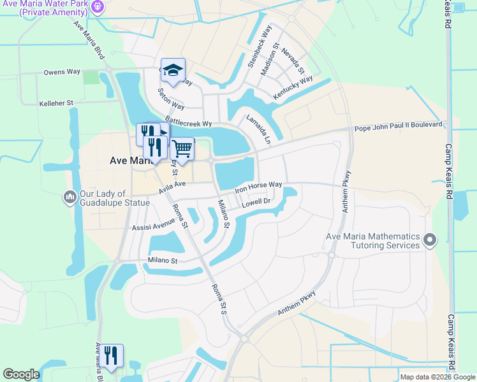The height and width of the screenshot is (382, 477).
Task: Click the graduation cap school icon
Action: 172,71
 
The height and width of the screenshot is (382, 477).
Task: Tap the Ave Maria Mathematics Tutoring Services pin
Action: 430,241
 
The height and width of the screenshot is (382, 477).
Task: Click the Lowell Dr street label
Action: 256,202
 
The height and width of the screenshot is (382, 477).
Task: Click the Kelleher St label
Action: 57,103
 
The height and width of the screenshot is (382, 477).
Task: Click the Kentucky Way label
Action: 293,88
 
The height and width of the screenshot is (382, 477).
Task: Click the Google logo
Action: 21,374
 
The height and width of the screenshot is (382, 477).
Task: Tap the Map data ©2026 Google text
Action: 437,377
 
